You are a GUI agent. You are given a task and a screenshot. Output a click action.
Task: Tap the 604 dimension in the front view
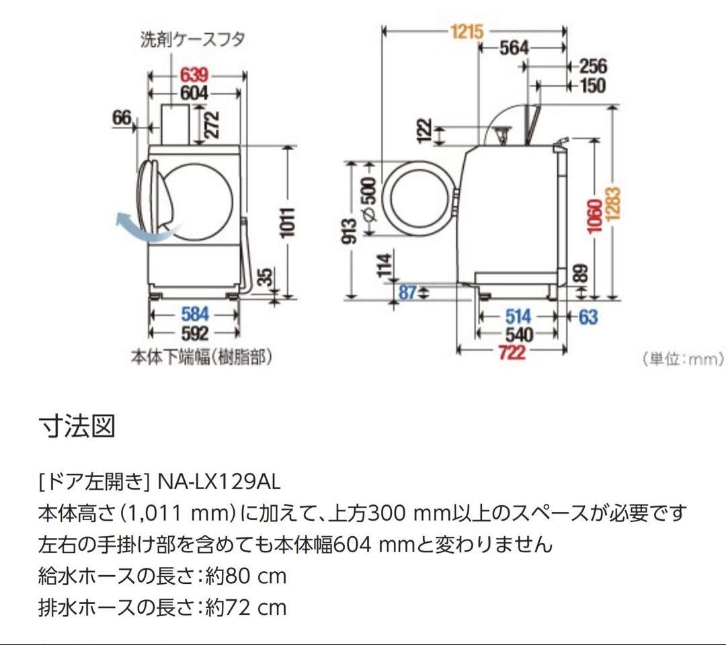194,93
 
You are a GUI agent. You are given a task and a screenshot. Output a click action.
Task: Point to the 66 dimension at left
122,118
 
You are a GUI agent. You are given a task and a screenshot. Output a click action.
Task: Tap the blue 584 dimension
195,314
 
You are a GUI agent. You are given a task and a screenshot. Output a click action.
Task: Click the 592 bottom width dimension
195,333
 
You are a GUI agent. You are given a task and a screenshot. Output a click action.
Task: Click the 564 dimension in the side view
514,48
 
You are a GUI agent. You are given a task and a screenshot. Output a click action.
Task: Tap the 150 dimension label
592,85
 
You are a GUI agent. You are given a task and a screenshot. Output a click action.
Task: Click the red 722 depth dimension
512,351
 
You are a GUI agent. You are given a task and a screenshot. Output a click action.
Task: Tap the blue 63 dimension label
588,316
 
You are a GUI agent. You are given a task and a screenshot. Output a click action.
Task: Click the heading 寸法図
77,426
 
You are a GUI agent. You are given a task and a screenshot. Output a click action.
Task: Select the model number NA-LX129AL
218,482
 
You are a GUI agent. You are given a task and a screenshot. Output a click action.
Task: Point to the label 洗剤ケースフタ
192,39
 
